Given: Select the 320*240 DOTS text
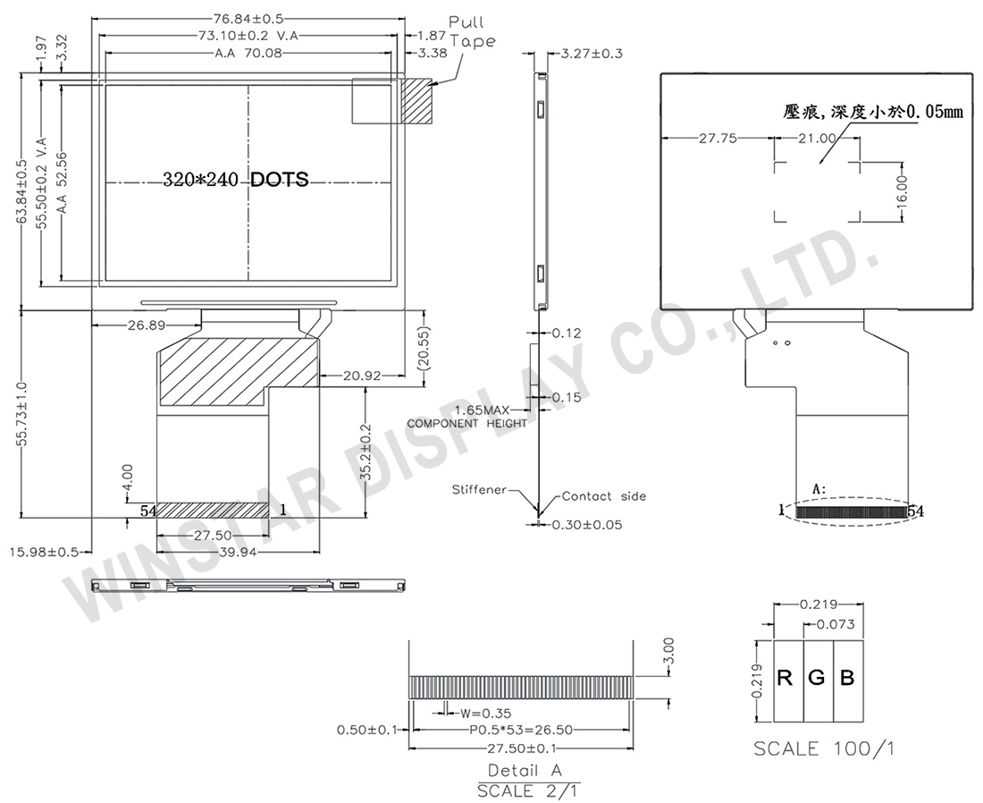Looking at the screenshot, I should tap(236, 180).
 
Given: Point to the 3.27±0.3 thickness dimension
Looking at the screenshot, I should tap(591, 54).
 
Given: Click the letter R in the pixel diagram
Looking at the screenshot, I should tap(785, 678).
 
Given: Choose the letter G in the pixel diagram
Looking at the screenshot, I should tap(817, 678).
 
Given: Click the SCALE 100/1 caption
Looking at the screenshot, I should tap(823, 748).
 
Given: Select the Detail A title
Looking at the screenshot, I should tap(525, 770).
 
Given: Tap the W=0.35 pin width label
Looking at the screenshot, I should tap(484, 713).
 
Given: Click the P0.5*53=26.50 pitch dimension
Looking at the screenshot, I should tap(520, 731).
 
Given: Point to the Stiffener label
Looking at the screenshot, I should tap(479, 490).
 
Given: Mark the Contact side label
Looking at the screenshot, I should tap(604, 496).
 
